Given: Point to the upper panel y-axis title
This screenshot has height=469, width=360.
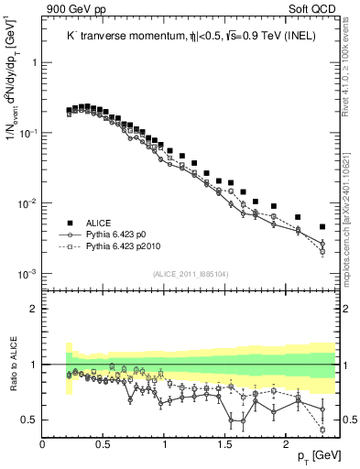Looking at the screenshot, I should (x=14, y=101).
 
